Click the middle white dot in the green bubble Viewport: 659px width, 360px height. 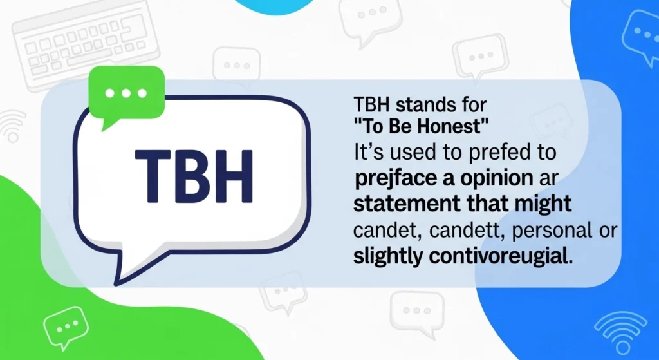(126, 93)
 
